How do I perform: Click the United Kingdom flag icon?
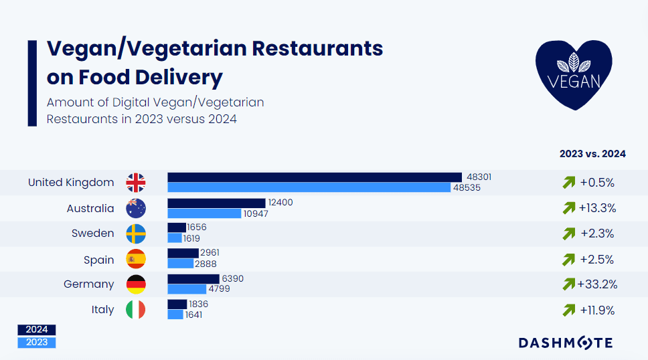[x=136, y=183]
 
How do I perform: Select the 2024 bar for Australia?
[x=216, y=203]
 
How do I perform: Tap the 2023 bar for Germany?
[x=187, y=289]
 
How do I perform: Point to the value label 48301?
[x=479, y=177]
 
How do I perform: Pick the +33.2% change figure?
[x=597, y=284]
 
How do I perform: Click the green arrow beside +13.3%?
[x=569, y=208]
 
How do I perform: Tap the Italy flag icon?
[x=136, y=310]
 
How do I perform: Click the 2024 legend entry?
[x=37, y=330]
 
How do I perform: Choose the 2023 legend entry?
[x=37, y=343]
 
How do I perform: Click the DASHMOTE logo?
[x=566, y=343]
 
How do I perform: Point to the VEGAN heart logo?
[x=574, y=74]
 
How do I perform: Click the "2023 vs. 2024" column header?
[x=592, y=154]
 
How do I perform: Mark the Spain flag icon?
[x=136, y=259]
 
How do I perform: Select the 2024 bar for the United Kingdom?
[x=315, y=177]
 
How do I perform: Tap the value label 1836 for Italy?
[x=199, y=304]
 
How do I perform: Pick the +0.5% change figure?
[x=597, y=183]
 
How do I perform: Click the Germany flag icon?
[x=136, y=284]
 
